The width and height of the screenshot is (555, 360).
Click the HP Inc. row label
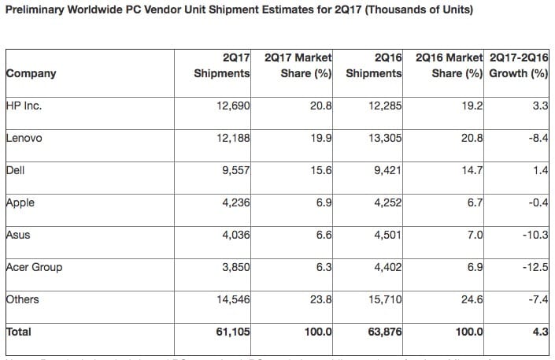pyautogui.click(x=23, y=106)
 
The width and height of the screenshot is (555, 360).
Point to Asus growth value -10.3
pyautogui.click(x=532, y=235)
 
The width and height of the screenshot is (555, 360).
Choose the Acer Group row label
pyautogui.click(x=34, y=267)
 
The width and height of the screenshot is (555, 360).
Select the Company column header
pyautogui.click(x=31, y=73)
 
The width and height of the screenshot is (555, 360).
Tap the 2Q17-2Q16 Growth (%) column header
pyautogui.click(x=518, y=65)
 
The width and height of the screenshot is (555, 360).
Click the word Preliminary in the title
pyautogui.click(x=36, y=10)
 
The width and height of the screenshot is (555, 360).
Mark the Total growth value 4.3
pyautogui.click(x=540, y=332)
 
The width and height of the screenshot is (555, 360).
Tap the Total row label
pyautogui.click(x=19, y=332)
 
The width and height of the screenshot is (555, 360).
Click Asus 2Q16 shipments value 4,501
pyautogui.click(x=384, y=235)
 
